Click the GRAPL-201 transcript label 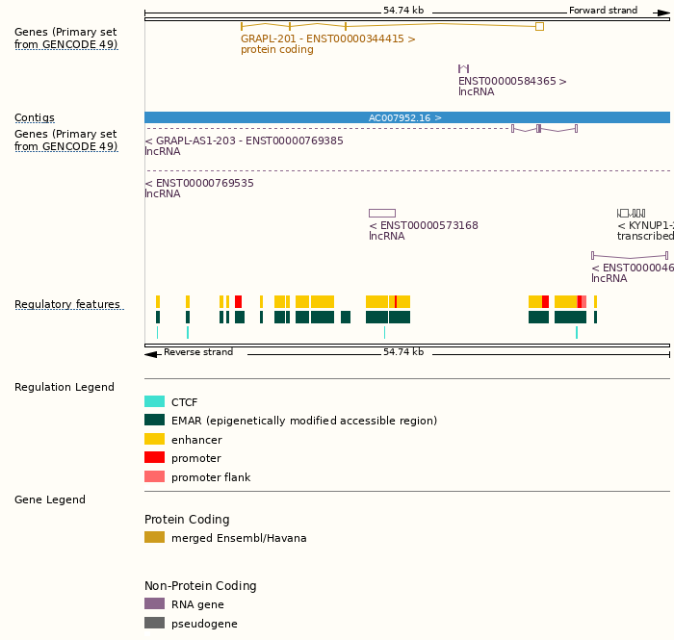pos(327,39)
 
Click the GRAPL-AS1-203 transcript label pos(246,141)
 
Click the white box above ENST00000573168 pos(381,213)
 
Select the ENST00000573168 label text pos(424,226)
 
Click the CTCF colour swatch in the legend pos(154,402)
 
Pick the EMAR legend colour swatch pos(154,421)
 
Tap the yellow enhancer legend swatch pos(154,439)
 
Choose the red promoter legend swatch pos(154,458)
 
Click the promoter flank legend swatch pos(154,476)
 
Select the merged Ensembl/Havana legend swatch pos(154,538)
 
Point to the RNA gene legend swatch pos(154,604)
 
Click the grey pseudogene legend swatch pos(154,623)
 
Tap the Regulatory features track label pos(67,305)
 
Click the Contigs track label pos(35,118)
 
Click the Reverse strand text pos(198,352)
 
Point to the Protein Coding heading pos(187,520)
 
